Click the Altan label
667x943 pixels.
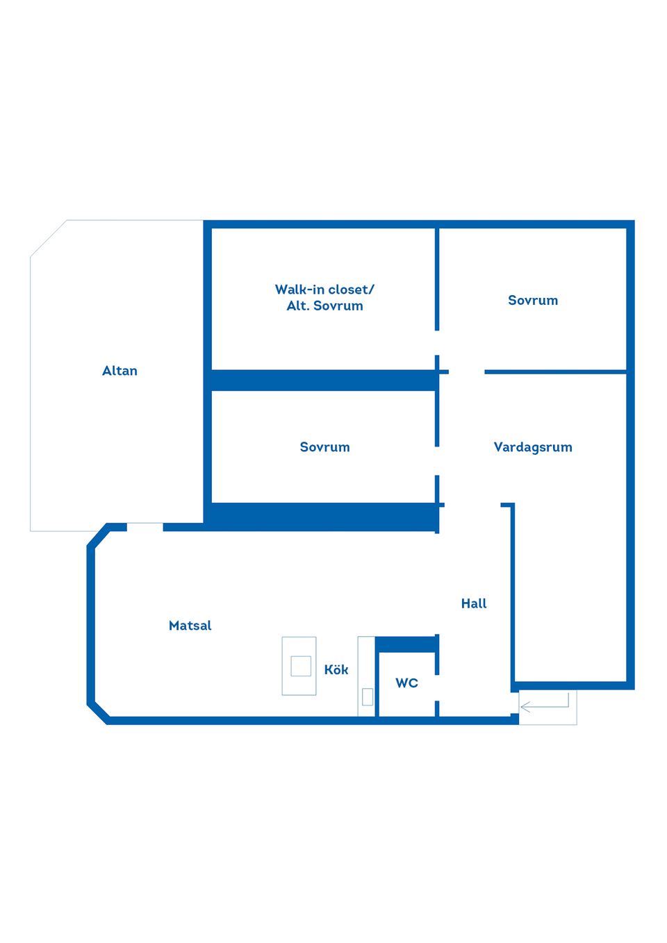(x=120, y=371)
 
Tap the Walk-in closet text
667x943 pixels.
(x=324, y=290)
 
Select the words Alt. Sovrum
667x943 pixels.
(x=324, y=306)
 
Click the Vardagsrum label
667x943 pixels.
(x=533, y=447)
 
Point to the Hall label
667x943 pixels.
(x=474, y=603)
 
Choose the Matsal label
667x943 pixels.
(x=190, y=625)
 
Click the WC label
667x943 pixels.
(x=406, y=683)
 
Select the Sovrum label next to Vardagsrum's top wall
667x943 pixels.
(x=533, y=300)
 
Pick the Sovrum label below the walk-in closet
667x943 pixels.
(x=324, y=447)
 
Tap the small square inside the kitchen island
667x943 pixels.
(x=301, y=666)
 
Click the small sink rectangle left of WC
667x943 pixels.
(x=367, y=696)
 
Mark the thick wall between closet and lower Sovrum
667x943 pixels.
(x=323, y=381)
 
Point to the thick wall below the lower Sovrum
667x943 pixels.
(x=323, y=517)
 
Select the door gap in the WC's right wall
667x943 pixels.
(x=437, y=687)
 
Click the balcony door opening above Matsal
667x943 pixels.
(x=145, y=527)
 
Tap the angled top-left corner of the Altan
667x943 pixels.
(x=49, y=238)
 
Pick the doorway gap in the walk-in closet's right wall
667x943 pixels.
(x=437, y=342)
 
